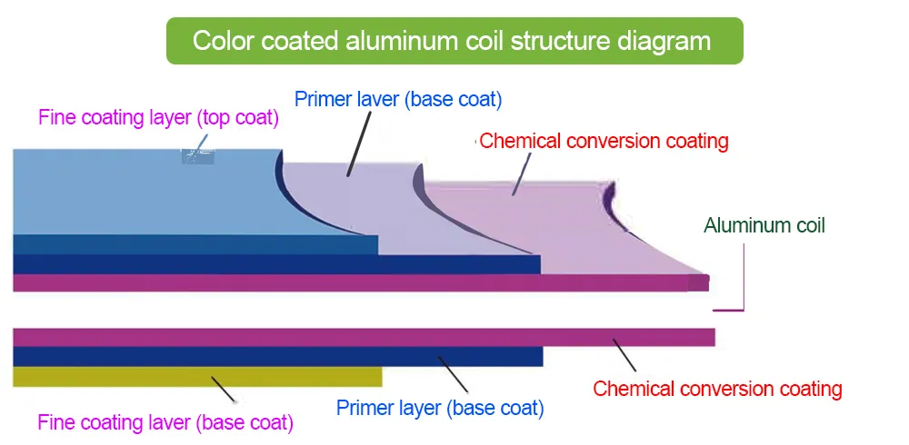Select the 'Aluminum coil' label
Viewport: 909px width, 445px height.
tap(764, 225)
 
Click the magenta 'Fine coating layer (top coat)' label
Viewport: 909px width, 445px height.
tap(158, 118)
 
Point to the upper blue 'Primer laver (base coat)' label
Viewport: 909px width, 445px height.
tap(398, 98)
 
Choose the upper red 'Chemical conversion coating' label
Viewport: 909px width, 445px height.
tap(604, 141)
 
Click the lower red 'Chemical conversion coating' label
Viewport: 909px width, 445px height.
tap(717, 389)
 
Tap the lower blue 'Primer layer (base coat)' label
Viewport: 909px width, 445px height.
tap(440, 408)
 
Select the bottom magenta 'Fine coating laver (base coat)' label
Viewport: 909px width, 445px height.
tap(165, 422)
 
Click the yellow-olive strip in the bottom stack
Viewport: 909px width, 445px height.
tap(136, 377)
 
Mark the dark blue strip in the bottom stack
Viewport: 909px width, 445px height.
tap(273, 357)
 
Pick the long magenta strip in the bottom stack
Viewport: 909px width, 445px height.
tap(364, 337)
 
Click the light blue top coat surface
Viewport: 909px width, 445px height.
tap(136, 191)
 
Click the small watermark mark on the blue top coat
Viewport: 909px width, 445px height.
tap(197, 155)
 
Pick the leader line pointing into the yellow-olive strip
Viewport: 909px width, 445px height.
tap(223, 388)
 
